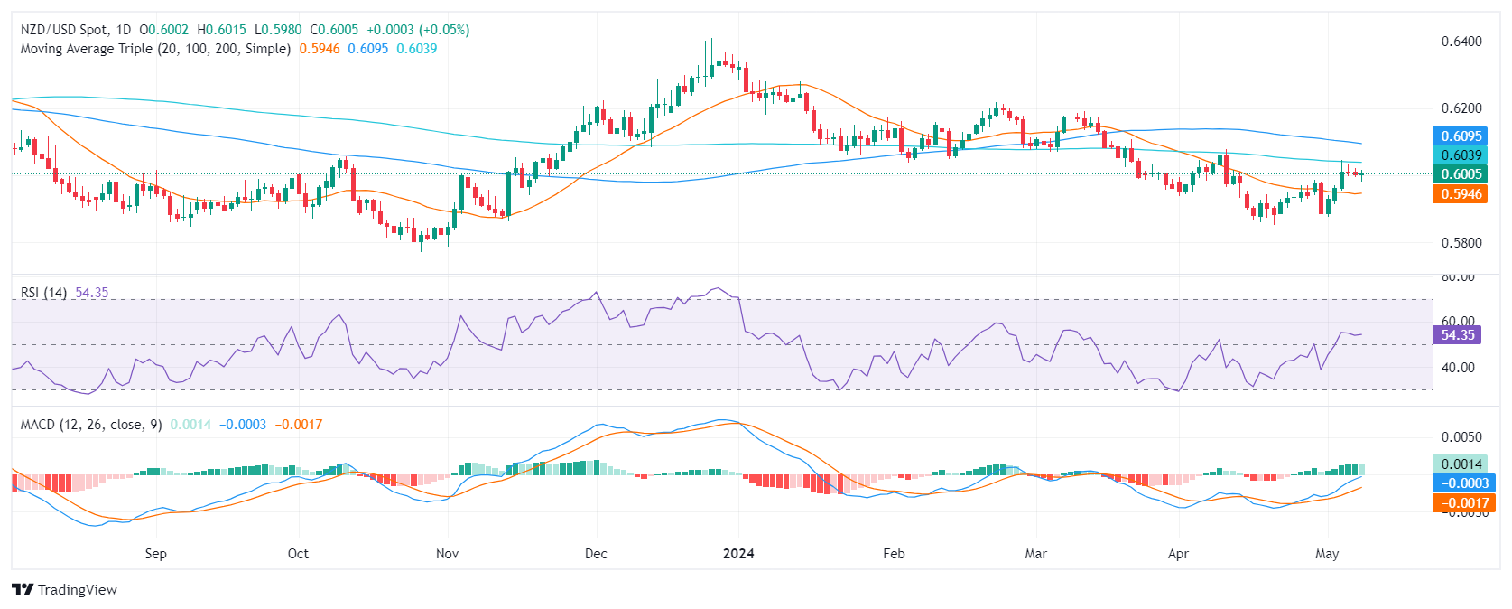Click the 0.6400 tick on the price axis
click(1461, 42)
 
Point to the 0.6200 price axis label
click(1461, 108)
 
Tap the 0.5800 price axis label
click(1461, 243)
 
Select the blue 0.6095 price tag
click(1460, 136)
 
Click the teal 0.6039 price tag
click(1460, 155)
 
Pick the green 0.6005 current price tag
click(1460, 174)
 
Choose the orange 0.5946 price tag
click(1460, 194)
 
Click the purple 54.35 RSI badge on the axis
click(1457, 335)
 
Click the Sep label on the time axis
click(155, 554)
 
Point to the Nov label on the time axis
click(447, 554)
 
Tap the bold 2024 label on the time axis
click(738, 554)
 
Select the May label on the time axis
click(1326, 554)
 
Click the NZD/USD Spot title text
click(63, 30)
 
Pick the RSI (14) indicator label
click(43, 293)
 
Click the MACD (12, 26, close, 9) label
click(91, 425)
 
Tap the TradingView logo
click(65, 590)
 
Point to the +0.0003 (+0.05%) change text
click(418, 30)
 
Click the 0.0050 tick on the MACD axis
click(1461, 437)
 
